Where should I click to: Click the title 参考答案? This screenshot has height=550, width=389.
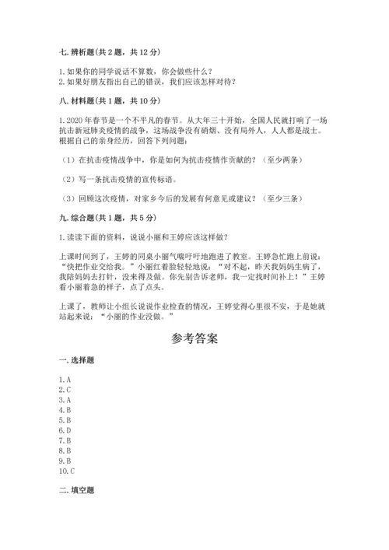click(x=194, y=339)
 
